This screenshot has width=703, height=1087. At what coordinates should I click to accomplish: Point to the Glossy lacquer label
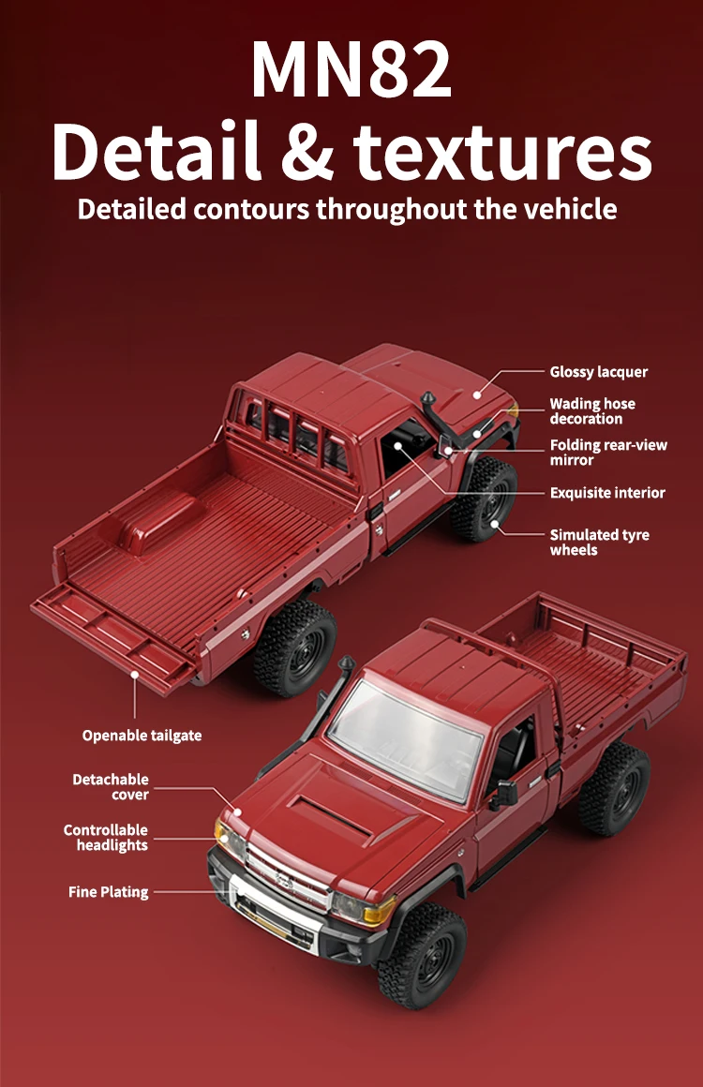598,372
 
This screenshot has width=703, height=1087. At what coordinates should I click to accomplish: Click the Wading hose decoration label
591,411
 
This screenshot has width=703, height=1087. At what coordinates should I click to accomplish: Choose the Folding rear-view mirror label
608,453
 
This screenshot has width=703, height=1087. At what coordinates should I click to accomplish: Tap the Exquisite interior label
607,493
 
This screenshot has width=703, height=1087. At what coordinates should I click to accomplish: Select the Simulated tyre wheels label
599,542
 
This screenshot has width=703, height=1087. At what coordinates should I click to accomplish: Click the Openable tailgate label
142,736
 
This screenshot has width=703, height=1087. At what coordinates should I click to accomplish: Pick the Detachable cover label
111,787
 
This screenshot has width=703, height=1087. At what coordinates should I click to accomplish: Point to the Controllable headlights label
106,838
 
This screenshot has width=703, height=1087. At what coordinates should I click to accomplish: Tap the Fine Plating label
108,892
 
